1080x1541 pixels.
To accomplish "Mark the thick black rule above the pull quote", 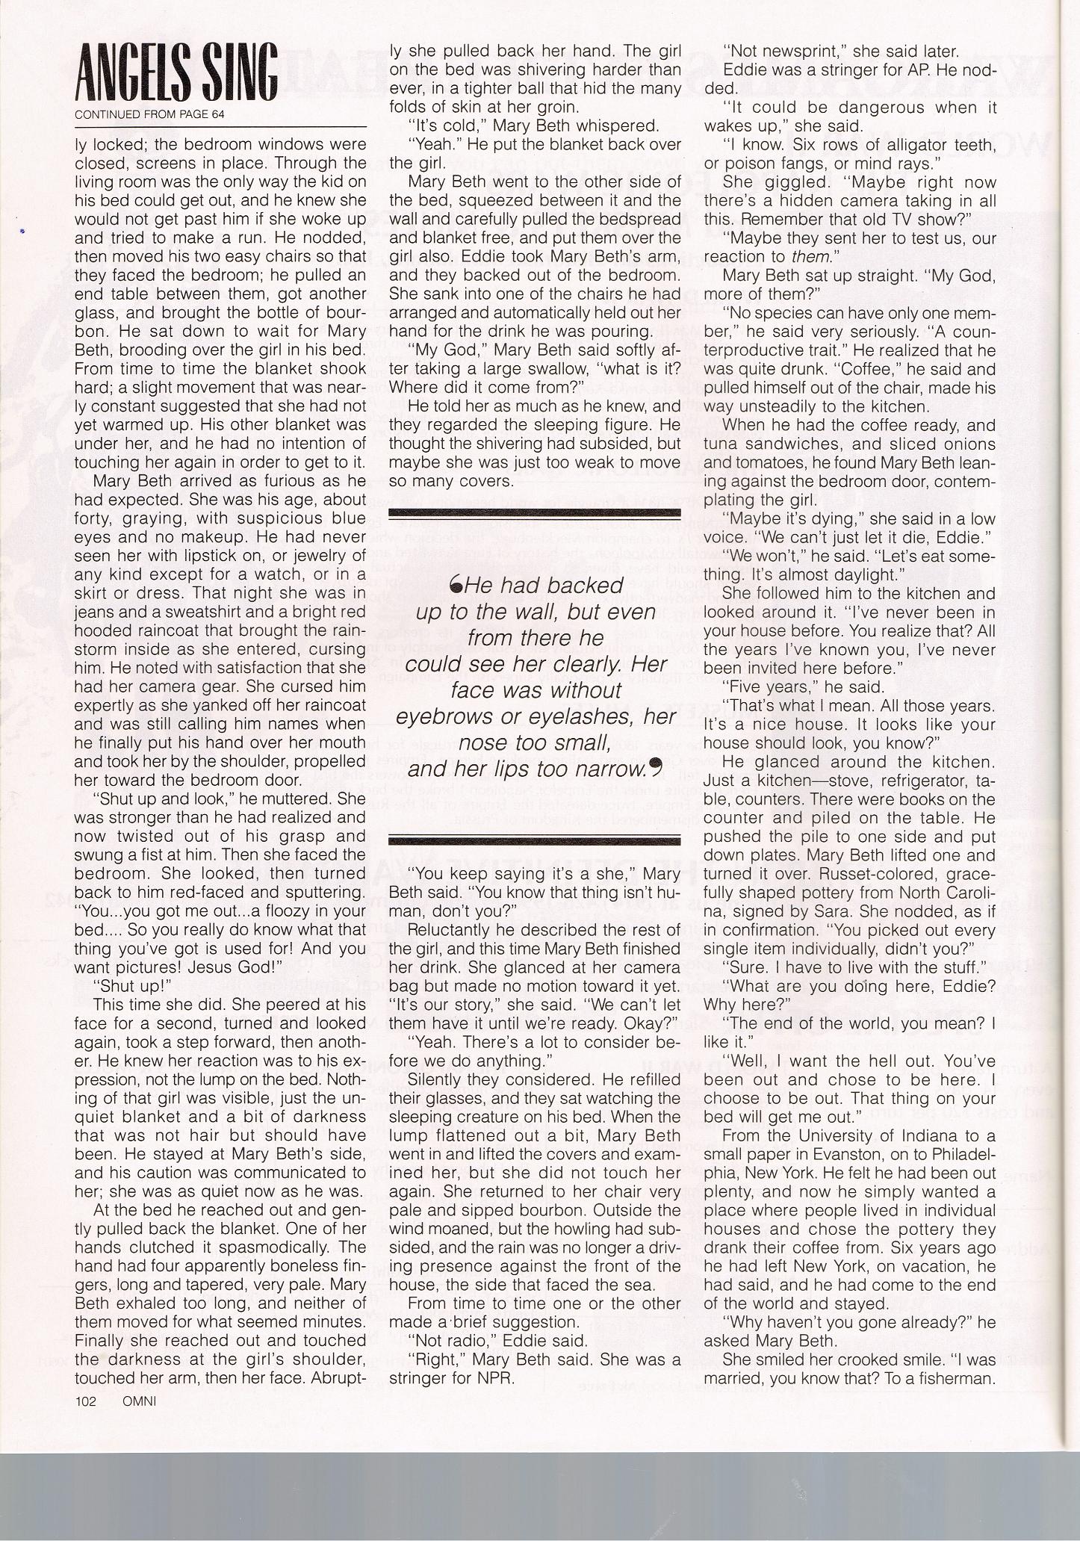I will (x=535, y=513).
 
